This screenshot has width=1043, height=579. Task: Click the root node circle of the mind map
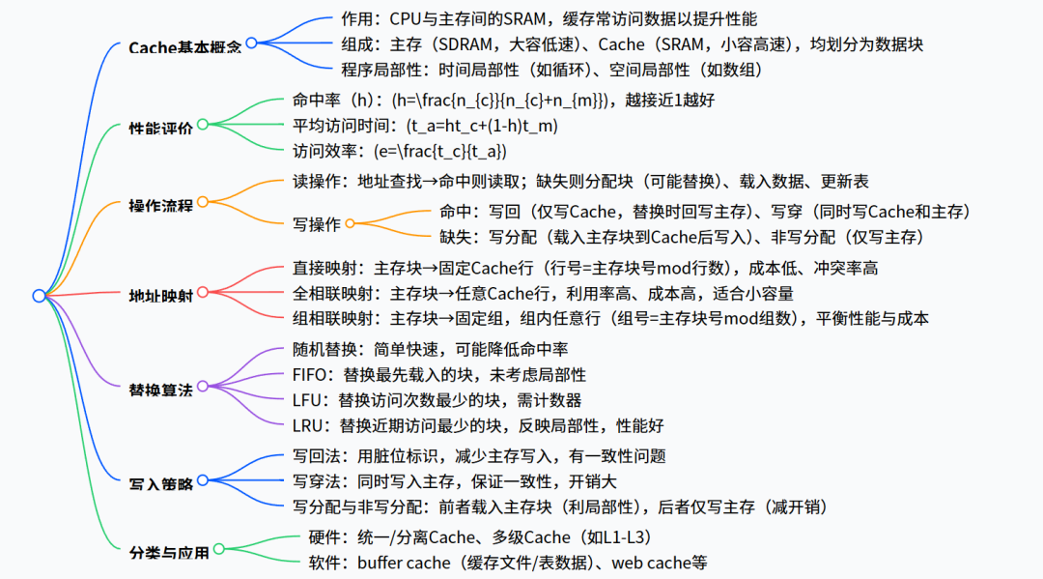(x=39, y=296)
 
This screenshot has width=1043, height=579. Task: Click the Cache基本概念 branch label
(x=184, y=46)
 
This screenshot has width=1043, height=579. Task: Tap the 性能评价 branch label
(x=161, y=127)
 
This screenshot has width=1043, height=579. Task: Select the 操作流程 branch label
(x=161, y=205)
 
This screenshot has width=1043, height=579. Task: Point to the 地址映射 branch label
(x=161, y=295)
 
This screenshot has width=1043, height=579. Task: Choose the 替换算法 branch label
(x=161, y=391)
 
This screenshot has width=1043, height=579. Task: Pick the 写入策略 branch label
(x=161, y=482)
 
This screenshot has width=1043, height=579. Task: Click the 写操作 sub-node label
(x=317, y=224)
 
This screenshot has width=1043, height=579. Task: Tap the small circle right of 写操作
(x=351, y=223)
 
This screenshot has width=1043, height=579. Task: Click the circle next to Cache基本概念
(x=251, y=43)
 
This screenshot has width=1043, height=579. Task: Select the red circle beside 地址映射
(x=203, y=292)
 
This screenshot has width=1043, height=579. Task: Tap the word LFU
(x=308, y=400)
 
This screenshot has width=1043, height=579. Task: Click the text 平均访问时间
(x=333, y=126)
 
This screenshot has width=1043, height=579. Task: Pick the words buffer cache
(x=404, y=563)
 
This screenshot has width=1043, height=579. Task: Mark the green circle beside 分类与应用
(x=218, y=550)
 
